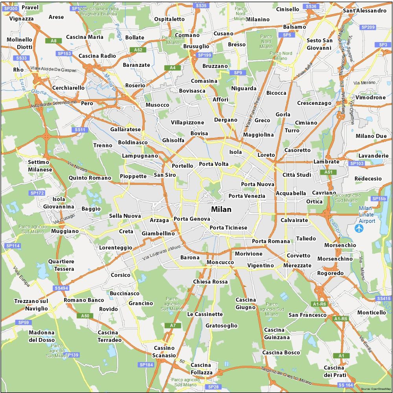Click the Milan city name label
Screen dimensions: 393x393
(x=221, y=209)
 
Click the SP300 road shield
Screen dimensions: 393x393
(x=9, y=8)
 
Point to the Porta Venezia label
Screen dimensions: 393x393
(x=247, y=196)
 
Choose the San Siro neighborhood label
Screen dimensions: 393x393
(x=165, y=175)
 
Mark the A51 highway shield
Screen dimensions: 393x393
(x=328, y=172)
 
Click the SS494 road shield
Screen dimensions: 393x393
(x=61, y=288)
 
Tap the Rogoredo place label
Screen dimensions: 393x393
(x=330, y=273)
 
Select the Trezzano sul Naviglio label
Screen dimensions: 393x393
(x=31, y=305)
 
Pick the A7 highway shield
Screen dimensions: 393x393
(x=173, y=325)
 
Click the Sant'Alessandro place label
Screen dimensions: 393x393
(x=365, y=11)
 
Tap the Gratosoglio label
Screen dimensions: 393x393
(x=222, y=325)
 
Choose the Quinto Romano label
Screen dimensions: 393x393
(x=90, y=178)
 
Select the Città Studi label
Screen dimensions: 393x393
(x=297, y=175)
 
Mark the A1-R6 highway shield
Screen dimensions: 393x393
(x=319, y=304)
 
